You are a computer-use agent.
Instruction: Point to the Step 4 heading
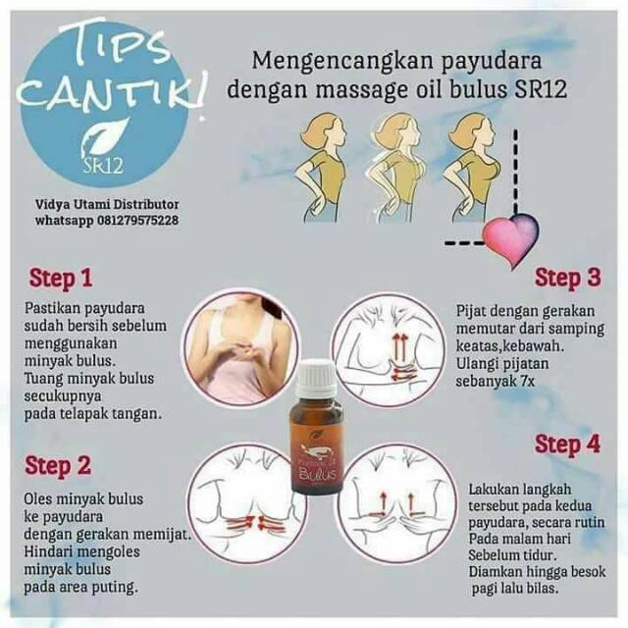click(566, 445)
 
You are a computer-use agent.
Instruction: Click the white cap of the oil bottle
click(316, 377)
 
